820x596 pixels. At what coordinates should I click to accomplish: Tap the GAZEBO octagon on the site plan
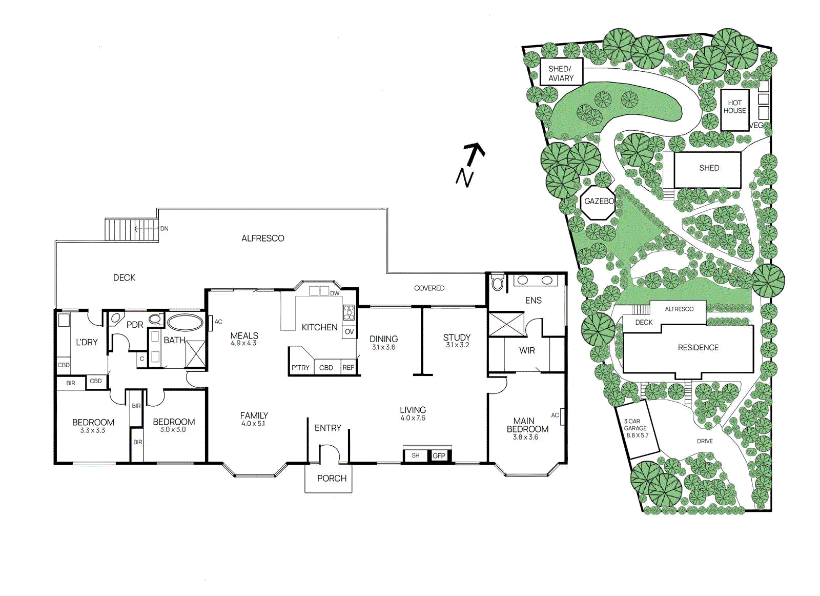[x=599, y=201]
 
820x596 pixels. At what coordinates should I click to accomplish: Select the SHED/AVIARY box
[x=561, y=73]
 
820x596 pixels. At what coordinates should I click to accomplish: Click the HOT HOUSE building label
[x=734, y=107]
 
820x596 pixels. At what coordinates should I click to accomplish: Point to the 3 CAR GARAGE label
[x=636, y=428]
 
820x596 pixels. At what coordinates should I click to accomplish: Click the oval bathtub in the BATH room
[x=184, y=322]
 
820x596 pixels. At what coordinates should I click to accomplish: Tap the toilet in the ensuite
[x=498, y=283]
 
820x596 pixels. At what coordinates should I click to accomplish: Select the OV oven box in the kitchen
[x=349, y=332]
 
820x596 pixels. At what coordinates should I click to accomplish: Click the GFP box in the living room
[x=439, y=455]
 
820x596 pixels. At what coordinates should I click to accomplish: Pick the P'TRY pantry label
[x=300, y=368]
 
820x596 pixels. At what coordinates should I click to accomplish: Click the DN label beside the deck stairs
[x=164, y=229]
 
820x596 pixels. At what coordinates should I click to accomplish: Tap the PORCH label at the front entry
[x=332, y=479]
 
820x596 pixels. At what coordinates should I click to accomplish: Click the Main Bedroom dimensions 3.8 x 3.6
[x=525, y=438]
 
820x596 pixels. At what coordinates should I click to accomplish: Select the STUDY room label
[x=457, y=337]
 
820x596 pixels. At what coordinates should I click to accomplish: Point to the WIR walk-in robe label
[x=527, y=351]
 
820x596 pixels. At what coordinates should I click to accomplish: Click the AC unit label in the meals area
[x=218, y=322]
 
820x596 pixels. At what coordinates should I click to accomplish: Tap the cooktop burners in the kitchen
[x=349, y=312]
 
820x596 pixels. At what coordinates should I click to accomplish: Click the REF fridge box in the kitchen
[x=348, y=368]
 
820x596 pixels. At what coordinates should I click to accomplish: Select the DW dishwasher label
[x=335, y=293]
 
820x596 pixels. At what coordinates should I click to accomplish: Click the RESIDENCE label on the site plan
[x=698, y=348]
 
